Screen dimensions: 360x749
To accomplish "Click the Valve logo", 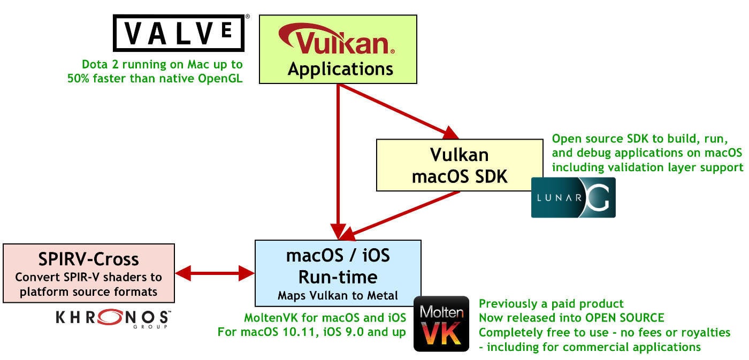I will point(179,33).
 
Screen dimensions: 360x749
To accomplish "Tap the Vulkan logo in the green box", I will point(337,43).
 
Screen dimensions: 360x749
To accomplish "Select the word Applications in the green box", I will point(340,69).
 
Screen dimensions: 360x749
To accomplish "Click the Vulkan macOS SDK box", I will point(459,165).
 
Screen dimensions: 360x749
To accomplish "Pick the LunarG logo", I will point(573,197).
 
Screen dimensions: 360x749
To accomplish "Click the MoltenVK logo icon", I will point(441,324).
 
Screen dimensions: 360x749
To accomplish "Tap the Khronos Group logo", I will point(113,318).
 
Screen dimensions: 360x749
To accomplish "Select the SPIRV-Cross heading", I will point(89,259).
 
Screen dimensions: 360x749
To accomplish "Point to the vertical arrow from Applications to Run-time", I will point(338,160).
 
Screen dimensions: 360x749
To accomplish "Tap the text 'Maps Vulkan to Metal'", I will point(338,295).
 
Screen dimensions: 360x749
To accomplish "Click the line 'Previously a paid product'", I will point(551,304).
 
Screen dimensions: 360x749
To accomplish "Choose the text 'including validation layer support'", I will point(647,167).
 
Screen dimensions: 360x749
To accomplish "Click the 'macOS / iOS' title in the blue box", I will point(338,256).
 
